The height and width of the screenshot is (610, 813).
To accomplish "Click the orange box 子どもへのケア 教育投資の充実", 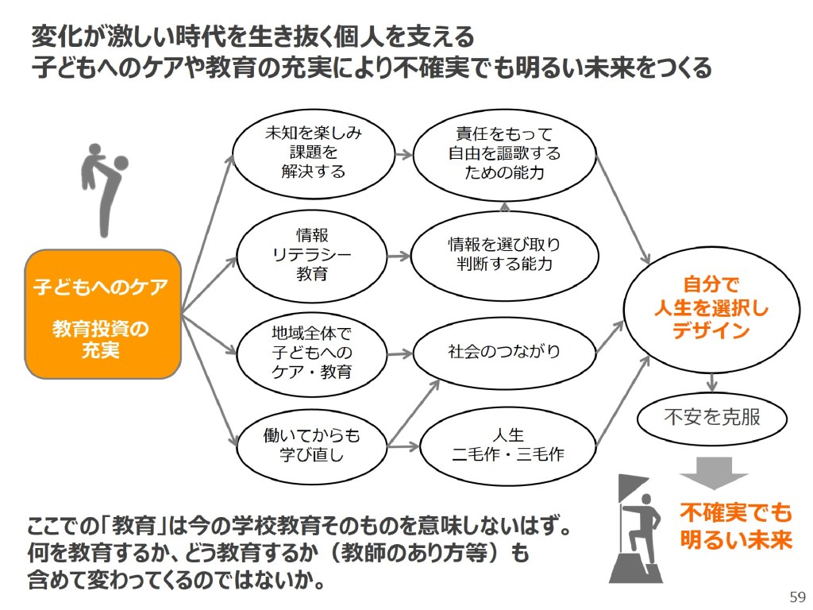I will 101,314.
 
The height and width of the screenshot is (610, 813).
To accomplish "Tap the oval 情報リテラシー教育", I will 312,255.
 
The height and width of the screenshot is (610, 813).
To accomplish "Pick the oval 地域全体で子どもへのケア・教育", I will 312,350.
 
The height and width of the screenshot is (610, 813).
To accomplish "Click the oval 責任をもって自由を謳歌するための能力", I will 504,152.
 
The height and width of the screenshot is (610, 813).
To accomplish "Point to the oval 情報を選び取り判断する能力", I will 504,255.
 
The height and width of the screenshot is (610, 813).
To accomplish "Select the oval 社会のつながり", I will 504,350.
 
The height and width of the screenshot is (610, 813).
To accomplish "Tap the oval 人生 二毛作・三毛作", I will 508,445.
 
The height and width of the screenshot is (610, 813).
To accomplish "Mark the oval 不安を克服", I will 711,416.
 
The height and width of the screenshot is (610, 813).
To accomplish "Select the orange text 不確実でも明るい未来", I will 736,526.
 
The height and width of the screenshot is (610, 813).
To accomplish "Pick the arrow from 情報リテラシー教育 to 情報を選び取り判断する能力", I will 399,256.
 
